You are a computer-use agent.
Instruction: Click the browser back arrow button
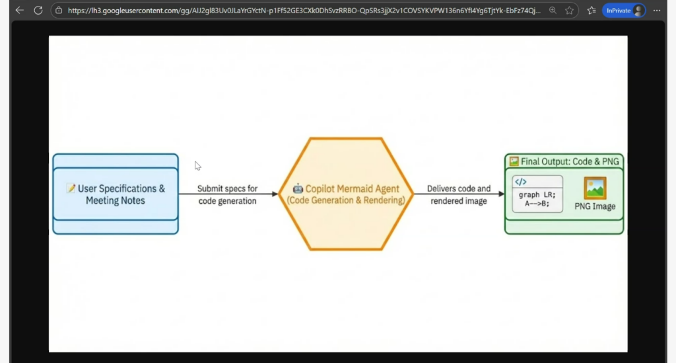click(19, 11)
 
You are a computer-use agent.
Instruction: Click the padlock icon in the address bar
click(59, 11)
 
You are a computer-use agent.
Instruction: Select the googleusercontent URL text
click(304, 11)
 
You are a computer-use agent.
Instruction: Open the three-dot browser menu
click(657, 11)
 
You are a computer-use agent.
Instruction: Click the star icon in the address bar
click(569, 11)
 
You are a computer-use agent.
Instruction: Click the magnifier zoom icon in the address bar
click(552, 11)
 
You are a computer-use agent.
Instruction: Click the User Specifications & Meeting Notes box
click(116, 194)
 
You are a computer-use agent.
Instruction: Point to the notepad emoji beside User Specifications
click(71, 188)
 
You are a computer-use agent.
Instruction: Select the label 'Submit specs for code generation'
click(228, 194)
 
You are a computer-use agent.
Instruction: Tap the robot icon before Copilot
click(298, 188)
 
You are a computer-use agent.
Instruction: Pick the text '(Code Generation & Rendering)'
click(346, 200)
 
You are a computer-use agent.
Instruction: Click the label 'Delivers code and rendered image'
click(459, 194)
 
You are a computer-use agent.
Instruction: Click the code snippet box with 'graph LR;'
click(538, 194)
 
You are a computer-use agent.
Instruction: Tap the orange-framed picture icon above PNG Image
click(595, 188)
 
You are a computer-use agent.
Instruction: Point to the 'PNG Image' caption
click(595, 206)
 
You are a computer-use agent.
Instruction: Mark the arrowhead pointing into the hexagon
click(274, 194)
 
